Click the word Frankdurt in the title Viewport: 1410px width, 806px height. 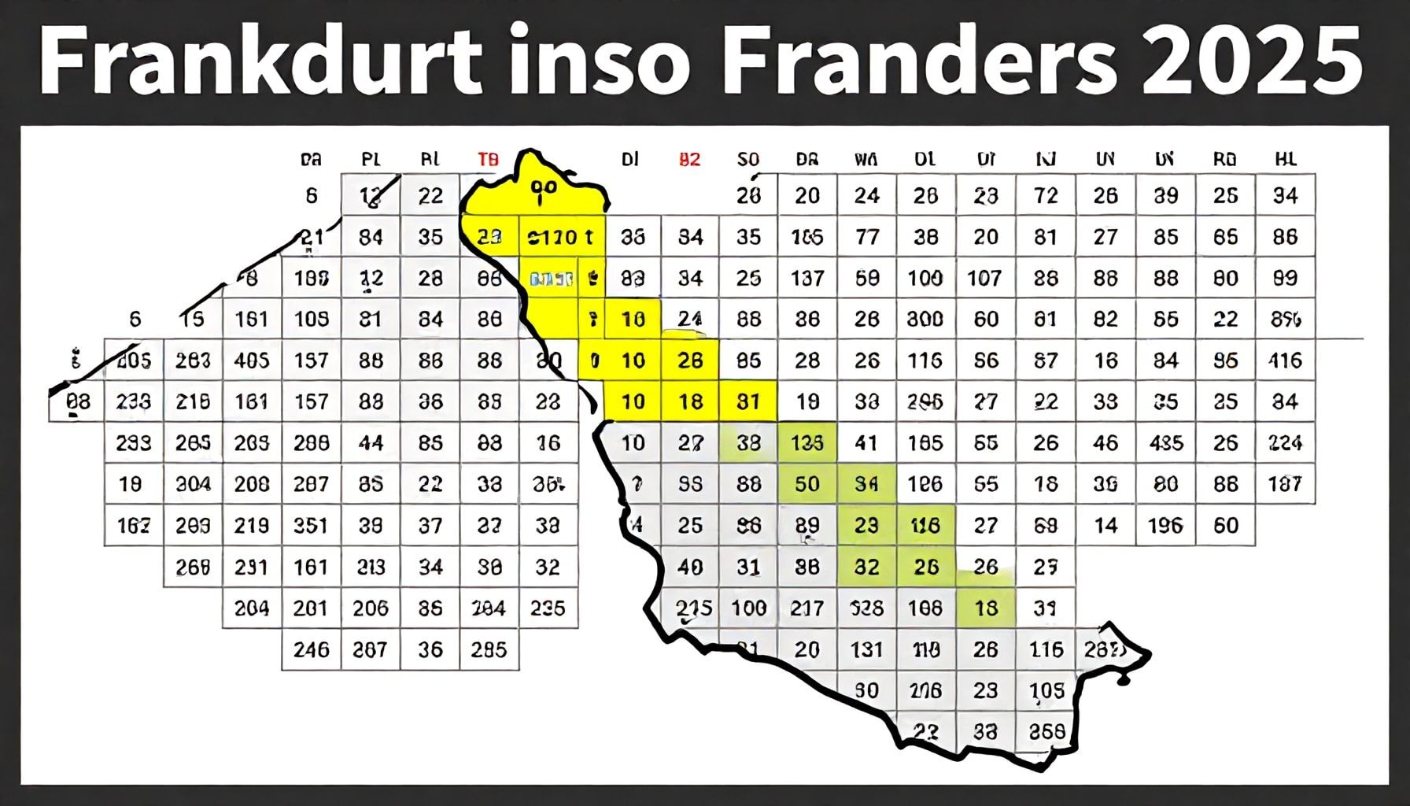click(260, 61)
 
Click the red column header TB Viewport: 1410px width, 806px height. click(488, 160)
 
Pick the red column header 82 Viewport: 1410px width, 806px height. click(689, 160)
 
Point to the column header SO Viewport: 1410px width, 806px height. click(748, 160)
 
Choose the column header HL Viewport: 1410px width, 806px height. click(1285, 160)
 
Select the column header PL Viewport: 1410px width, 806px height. click(371, 160)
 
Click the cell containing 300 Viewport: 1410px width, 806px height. click(925, 319)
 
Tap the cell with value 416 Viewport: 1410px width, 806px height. click(1285, 360)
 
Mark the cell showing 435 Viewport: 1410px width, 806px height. click(1165, 443)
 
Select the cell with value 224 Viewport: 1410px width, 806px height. click(1285, 443)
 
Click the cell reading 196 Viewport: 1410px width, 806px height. click(1165, 525)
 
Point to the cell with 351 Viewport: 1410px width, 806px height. click(311, 525)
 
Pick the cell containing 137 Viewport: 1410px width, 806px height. click(807, 278)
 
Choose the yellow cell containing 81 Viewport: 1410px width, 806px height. click(748, 401)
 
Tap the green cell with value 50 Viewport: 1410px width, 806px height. click(807, 484)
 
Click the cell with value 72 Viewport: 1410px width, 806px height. click(1046, 195)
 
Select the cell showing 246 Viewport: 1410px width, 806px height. click(311, 649)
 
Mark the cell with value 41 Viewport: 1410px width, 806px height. click(866, 443)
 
